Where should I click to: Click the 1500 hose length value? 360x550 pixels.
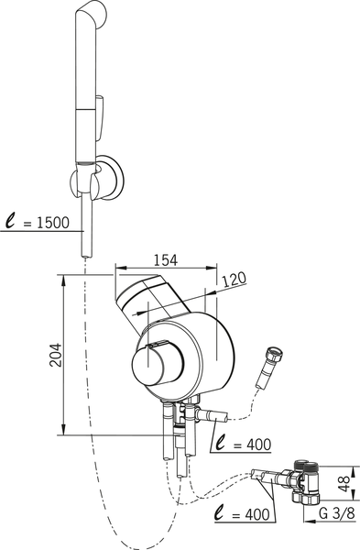(x=53, y=223)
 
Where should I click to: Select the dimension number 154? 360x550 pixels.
(x=166, y=260)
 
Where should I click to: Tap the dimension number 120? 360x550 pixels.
(x=235, y=280)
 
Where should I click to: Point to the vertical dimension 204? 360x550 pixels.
(x=55, y=355)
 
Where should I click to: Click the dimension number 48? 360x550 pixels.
(x=345, y=484)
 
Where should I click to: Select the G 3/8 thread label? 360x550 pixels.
(x=337, y=513)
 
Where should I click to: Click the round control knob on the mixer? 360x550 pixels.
(x=158, y=367)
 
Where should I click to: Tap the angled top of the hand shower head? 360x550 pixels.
(x=92, y=14)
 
